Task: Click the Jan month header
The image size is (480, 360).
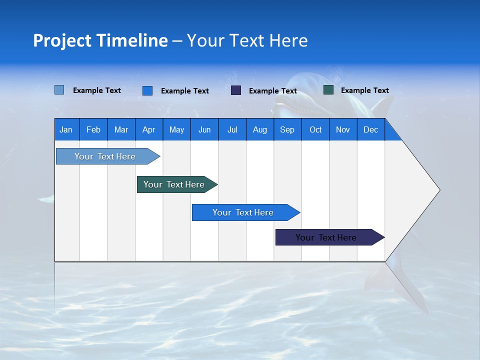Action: pos(66,129)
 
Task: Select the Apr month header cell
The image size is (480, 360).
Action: pos(149,129)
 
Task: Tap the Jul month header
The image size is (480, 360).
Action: pos(232,129)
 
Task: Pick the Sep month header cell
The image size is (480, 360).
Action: pos(287,129)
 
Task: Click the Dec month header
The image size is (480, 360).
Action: pos(370,129)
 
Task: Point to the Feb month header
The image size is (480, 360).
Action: pos(93,129)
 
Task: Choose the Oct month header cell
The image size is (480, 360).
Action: pos(315,129)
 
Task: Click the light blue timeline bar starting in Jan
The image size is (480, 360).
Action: pos(105,156)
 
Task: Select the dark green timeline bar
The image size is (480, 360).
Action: pos(174,184)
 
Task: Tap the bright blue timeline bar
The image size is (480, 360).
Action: pos(243,212)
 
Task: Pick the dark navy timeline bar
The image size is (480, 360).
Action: pos(326,237)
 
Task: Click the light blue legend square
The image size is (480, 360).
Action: pos(59,90)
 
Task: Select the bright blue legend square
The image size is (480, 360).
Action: pos(147,90)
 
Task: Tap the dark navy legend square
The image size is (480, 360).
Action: pos(236,90)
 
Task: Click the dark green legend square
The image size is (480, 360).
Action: pos(328,90)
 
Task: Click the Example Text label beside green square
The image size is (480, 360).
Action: pos(364,90)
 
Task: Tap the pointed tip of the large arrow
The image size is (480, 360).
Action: pos(438,190)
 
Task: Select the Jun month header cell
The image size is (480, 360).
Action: pos(204,129)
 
